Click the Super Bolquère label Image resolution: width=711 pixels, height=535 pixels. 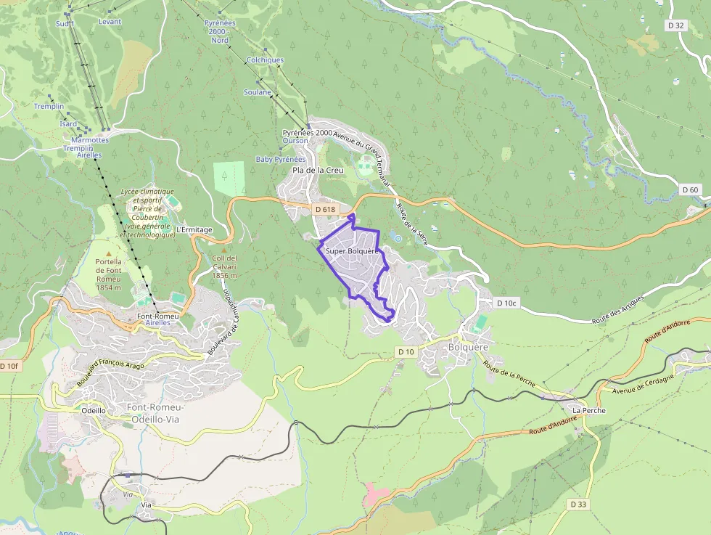tap(353, 251)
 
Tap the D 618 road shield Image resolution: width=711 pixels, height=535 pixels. tap(325, 209)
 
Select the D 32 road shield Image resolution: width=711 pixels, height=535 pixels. tap(675, 25)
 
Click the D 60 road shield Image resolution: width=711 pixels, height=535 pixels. tap(691, 190)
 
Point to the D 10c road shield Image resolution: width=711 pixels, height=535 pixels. tap(506, 303)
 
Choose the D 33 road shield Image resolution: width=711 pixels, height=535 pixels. tap(578, 504)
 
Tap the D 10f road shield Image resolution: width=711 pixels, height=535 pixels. tap(10, 366)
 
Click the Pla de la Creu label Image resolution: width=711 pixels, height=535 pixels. tap(317, 170)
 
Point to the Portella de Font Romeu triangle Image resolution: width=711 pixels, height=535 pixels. tap(109, 253)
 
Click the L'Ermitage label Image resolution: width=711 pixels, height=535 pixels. tap(194, 230)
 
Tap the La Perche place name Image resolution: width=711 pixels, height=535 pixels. tap(588, 410)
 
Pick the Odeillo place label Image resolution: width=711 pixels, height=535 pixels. tap(94, 410)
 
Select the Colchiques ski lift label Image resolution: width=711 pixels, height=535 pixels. tap(265, 60)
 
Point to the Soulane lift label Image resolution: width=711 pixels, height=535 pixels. tap(258, 92)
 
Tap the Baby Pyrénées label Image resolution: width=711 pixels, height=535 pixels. tap(281, 159)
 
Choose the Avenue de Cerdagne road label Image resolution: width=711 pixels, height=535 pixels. tap(644, 384)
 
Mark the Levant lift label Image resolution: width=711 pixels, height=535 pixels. tap(110, 22)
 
